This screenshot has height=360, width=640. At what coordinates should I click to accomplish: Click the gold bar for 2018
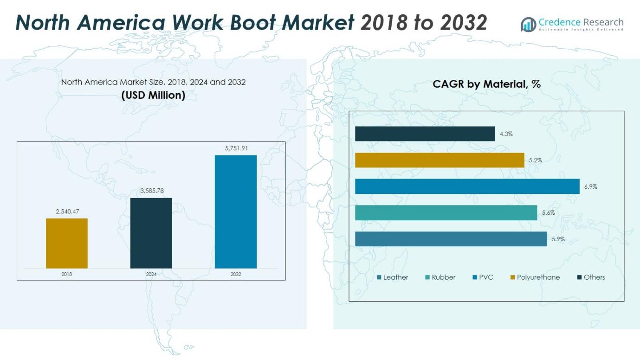(x=67, y=243)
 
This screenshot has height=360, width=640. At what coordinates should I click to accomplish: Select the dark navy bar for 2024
(x=151, y=233)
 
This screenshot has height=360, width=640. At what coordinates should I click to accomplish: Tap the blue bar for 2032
(x=236, y=212)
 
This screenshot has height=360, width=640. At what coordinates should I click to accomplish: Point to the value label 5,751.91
(x=236, y=148)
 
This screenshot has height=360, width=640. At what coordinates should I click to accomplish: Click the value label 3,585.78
(x=152, y=191)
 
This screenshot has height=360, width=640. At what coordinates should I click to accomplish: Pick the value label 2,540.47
(x=67, y=212)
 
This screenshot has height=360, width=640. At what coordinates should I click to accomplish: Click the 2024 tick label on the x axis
(x=151, y=274)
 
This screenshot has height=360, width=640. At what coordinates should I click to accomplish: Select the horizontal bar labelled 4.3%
(x=425, y=134)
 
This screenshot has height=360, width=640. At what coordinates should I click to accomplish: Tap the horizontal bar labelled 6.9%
(x=467, y=186)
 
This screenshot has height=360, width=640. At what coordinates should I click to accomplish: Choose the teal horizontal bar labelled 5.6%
(x=446, y=212)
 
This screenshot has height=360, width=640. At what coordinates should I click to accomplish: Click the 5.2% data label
(x=535, y=160)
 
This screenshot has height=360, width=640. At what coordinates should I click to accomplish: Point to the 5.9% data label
(x=558, y=239)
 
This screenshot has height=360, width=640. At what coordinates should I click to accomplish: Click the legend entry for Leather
(x=393, y=277)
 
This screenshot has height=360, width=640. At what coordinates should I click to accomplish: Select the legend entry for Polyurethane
(x=535, y=277)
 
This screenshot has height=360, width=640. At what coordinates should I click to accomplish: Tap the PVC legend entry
(x=483, y=277)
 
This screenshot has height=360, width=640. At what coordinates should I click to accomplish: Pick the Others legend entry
(x=591, y=277)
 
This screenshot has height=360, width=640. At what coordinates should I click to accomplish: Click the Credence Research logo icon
(x=528, y=24)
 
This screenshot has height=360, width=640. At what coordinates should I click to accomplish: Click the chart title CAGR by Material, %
(x=486, y=84)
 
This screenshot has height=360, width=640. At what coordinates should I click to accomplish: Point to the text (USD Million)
(x=153, y=95)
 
